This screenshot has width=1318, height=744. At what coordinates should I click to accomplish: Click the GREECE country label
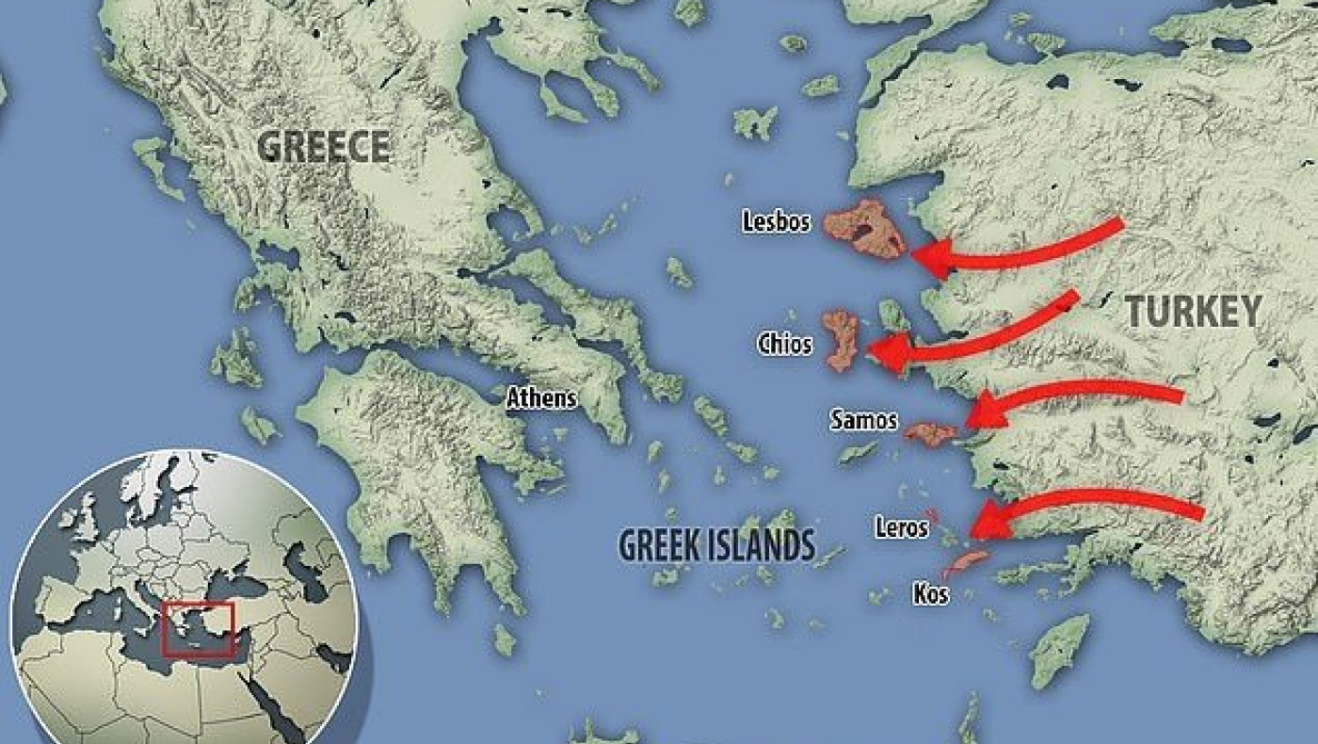(324, 147)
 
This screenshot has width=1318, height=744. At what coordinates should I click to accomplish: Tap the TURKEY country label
(1193, 311)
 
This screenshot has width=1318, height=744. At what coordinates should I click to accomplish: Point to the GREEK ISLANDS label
(716, 544)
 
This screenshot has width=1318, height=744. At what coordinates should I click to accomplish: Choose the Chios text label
(784, 344)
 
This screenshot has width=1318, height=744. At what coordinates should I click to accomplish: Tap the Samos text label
(863, 420)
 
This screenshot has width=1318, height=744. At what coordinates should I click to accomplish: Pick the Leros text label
(901, 528)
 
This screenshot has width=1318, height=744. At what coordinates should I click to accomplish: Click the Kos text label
(930, 594)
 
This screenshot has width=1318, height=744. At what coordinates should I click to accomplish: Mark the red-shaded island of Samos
(931, 433)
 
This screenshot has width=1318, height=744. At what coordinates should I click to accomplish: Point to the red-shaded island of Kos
(967, 563)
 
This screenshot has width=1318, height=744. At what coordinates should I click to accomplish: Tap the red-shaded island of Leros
(931, 515)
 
